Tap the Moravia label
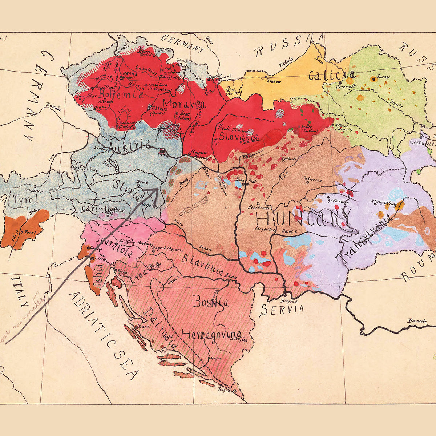click(184, 104)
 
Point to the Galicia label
click(331, 75)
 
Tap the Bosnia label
click(211, 301)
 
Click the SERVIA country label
click(282, 310)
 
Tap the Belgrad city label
click(290, 301)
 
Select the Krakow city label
click(274, 82)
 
